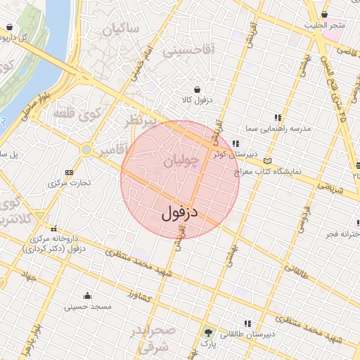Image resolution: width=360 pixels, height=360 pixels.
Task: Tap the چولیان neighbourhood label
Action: (x=181, y=161)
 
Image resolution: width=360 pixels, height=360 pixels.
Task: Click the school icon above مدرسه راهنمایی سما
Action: (x=278, y=117)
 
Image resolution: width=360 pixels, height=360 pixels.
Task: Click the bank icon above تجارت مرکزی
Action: (x=68, y=172)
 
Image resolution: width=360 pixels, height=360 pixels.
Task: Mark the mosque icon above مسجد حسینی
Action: (x=87, y=295)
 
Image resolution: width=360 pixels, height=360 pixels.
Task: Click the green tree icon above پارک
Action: (x=207, y=333)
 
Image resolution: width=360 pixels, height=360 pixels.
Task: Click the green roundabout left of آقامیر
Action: (x=86, y=149)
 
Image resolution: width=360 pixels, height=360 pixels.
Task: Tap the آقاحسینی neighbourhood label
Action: (x=187, y=51)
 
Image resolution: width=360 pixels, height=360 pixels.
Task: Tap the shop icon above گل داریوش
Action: (x=9, y=27)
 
